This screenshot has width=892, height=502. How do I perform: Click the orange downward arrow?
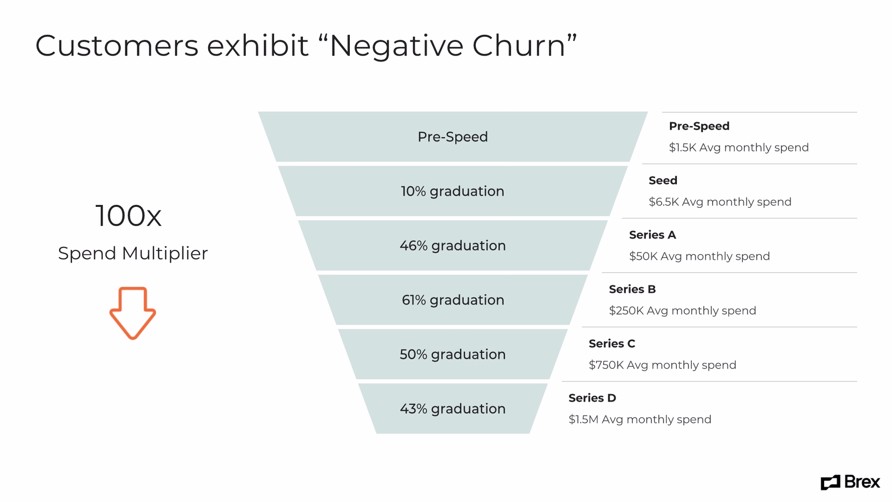pyautogui.click(x=132, y=313)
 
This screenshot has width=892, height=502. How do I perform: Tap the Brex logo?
pyautogui.click(x=850, y=482)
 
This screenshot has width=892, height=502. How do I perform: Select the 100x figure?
pyautogui.click(x=128, y=216)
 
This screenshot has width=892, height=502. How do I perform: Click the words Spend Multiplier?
pyautogui.click(x=133, y=253)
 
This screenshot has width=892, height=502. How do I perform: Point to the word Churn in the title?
pyautogui.click(x=518, y=46)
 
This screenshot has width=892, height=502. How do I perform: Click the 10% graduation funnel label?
pyautogui.click(x=452, y=191)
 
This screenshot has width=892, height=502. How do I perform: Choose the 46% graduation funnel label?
pyautogui.click(x=452, y=246)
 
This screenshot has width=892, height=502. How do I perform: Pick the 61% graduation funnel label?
pyautogui.click(x=452, y=300)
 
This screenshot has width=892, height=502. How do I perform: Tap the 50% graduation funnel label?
pyautogui.click(x=452, y=354)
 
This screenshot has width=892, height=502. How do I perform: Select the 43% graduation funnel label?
pyautogui.click(x=452, y=409)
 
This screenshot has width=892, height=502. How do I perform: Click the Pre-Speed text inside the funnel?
pyautogui.click(x=452, y=137)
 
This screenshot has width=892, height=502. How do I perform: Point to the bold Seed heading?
pyautogui.click(x=663, y=181)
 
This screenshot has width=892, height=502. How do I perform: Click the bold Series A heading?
pyautogui.click(x=652, y=235)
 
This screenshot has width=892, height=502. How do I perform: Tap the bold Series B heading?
pyautogui.click(x=632, y=289)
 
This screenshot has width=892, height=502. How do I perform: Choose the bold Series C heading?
pyautogui.click(x=612, y=344)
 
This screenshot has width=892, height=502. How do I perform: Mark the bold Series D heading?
pyautogui.click(x=592, y=398)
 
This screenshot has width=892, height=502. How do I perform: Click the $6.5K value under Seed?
pyautogui.click(x=664, y=202)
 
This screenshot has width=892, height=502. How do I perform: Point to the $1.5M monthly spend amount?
pyautogui.click(x=583, y=420)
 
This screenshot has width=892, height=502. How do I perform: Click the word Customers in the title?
pyautogui.click(x=117, y=46)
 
